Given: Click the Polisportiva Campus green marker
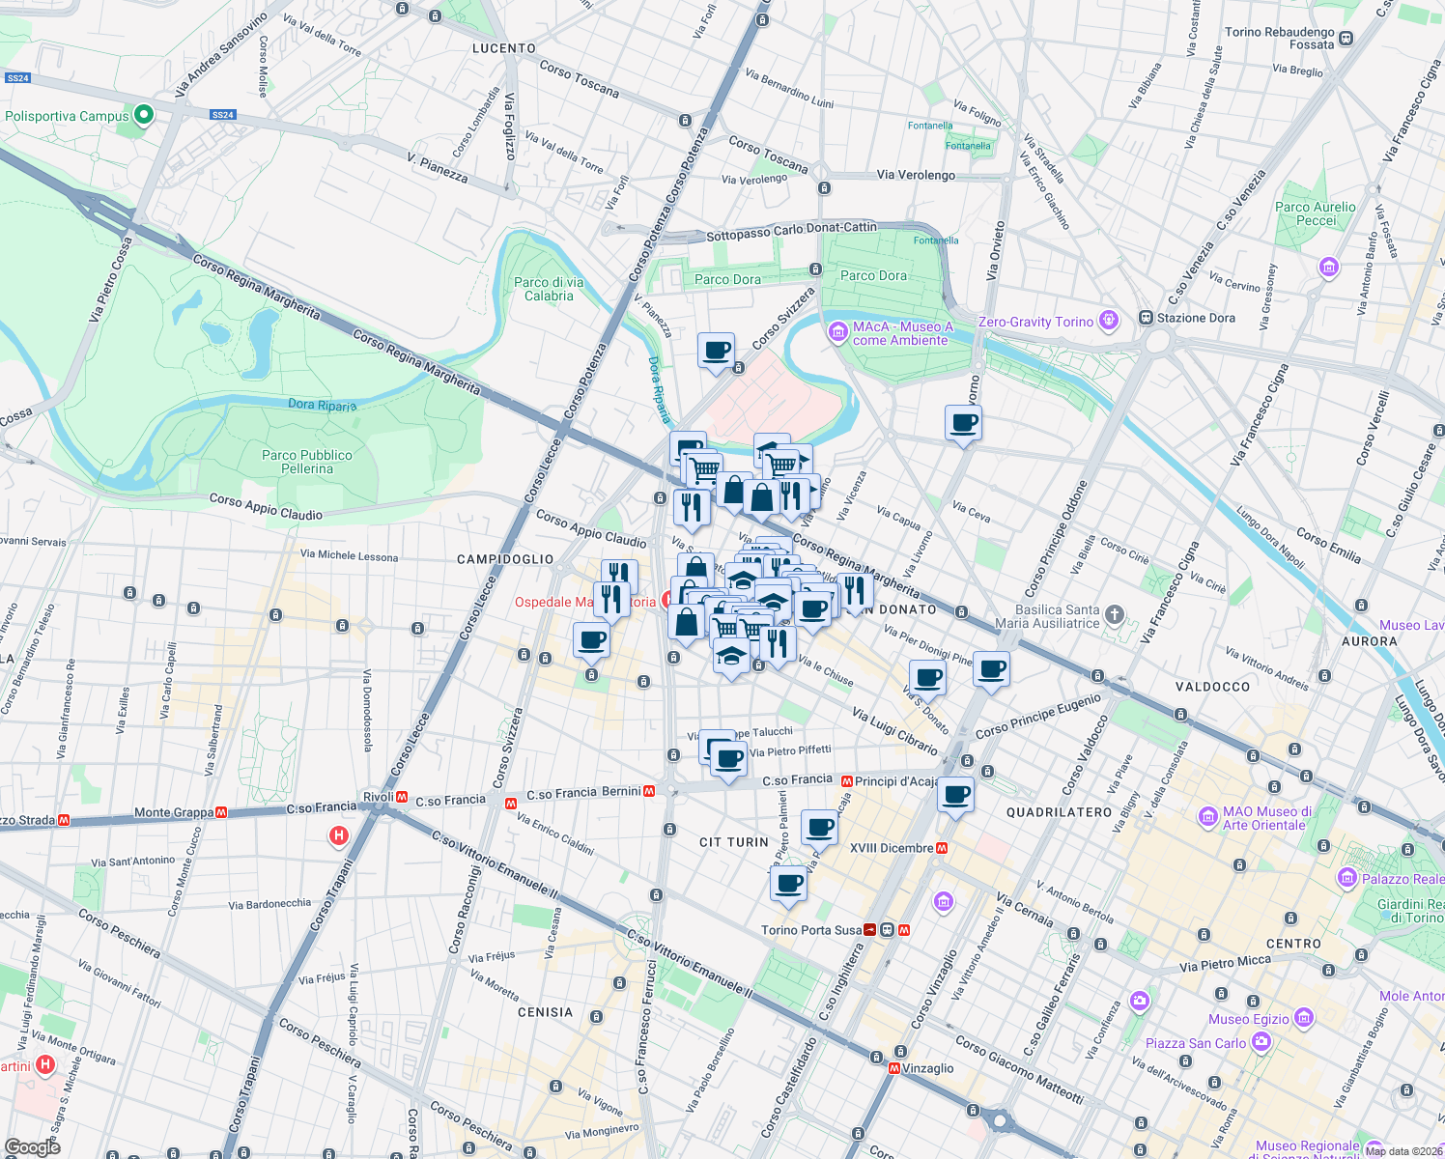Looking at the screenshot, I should (x=144, y=116).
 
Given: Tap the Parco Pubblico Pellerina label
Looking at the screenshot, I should (x=307, y=462).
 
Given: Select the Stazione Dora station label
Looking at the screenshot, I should (x=1196, y=318).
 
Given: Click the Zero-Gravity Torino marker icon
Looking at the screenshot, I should (x=1109, y=320).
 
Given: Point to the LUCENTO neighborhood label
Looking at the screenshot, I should (x=504, y=48).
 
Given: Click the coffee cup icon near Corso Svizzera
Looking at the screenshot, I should (x=716, y=351).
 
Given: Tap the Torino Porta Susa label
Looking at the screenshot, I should (x=811, y=930).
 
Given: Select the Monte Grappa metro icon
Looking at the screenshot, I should (x=221, y=813).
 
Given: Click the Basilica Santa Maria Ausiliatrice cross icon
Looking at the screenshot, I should (x=1114, y=614).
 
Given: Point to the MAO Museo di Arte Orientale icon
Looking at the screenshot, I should (x=1207, y=817).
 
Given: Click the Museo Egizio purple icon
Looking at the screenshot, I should (x=1304, y=1018).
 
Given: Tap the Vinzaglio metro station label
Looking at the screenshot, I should (x=927, y=1068).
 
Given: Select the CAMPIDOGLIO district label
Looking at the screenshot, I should (x=505, y=559).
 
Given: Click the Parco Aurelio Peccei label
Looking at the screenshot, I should (x=1316, y=213).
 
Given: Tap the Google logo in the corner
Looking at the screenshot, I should (x=33, y=1146).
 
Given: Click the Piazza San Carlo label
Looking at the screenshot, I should (x=1196, y=1043).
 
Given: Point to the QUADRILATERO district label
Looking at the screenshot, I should (x=1060, y=812).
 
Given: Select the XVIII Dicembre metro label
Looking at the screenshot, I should (x=892, y=848).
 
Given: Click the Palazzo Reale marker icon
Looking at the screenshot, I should (x=1347, y=878).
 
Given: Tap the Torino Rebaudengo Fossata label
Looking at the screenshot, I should (x=1280, y=38).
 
